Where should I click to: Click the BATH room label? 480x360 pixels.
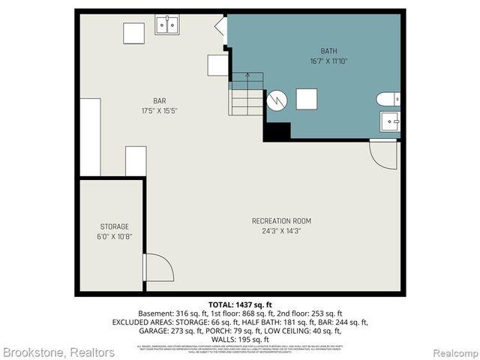click(328, 51)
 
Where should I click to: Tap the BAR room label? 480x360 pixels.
click(159, 100)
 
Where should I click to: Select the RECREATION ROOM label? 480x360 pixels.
click(281, 220)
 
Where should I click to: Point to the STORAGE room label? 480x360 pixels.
click(115, 226)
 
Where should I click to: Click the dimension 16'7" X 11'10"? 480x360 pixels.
click(328, 61)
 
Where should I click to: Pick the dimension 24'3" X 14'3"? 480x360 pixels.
click(281, 231)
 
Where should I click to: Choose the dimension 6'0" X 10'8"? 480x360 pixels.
click(115, 236)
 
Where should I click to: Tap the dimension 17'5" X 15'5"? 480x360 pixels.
click(159, 111)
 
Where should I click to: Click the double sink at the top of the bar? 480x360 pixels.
click(167, 26)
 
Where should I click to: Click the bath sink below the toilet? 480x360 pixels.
click(390, 121)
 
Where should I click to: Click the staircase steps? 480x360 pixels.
click(246, 95)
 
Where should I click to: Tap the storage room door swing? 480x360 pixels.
click(157, 268)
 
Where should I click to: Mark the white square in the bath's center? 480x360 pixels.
click(307, 99)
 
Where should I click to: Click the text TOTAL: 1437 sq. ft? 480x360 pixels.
click(240, 304)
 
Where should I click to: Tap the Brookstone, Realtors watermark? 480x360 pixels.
click(58, 352)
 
